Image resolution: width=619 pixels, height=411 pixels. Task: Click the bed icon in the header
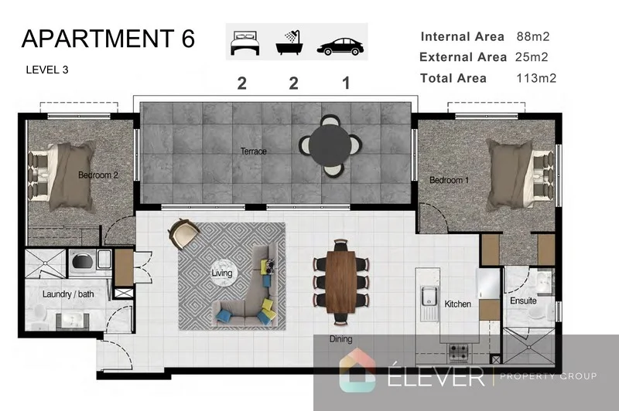[x=244, y=43]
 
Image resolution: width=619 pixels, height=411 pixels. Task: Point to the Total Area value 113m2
[x=536, y=77]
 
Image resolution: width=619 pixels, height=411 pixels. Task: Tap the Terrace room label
[x=253, y=151]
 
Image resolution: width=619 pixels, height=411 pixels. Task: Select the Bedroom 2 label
[x=98, y=175]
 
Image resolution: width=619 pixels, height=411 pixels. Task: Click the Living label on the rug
[x=222, y=273]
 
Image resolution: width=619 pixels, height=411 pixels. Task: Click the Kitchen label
[x=457, y=304]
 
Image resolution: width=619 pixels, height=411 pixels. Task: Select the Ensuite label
[x=523, y=301]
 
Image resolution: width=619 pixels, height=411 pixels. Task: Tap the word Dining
[x=340, y=338]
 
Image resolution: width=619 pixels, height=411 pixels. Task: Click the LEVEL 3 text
[x=47, y=70]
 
